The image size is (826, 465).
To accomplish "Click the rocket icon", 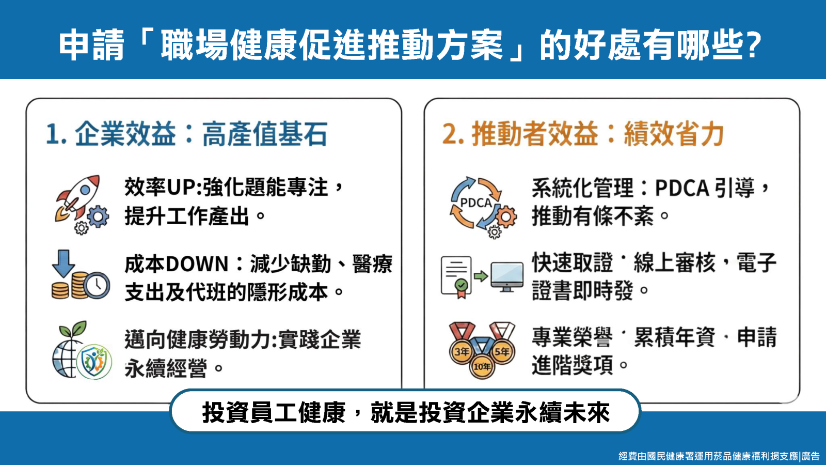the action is tap(77, 197).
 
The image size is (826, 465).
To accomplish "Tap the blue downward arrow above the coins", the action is tap(63, 263).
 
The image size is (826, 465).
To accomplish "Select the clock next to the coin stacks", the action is tap(97, 285).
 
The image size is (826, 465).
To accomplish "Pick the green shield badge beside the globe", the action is tap(94, 362).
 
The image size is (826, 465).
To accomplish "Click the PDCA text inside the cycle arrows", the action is tap(476, 203).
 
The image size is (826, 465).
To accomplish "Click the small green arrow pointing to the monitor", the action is tap(481, 276).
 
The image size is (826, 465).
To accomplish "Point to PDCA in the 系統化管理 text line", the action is tap(682, 188).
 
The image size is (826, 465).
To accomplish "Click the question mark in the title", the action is tap(752, 45).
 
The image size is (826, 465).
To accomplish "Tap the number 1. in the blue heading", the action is tap(56, 134).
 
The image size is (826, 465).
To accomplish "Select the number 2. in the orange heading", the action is tap(453, 134).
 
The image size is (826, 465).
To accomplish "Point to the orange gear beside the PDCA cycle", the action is tap(505, 216).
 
